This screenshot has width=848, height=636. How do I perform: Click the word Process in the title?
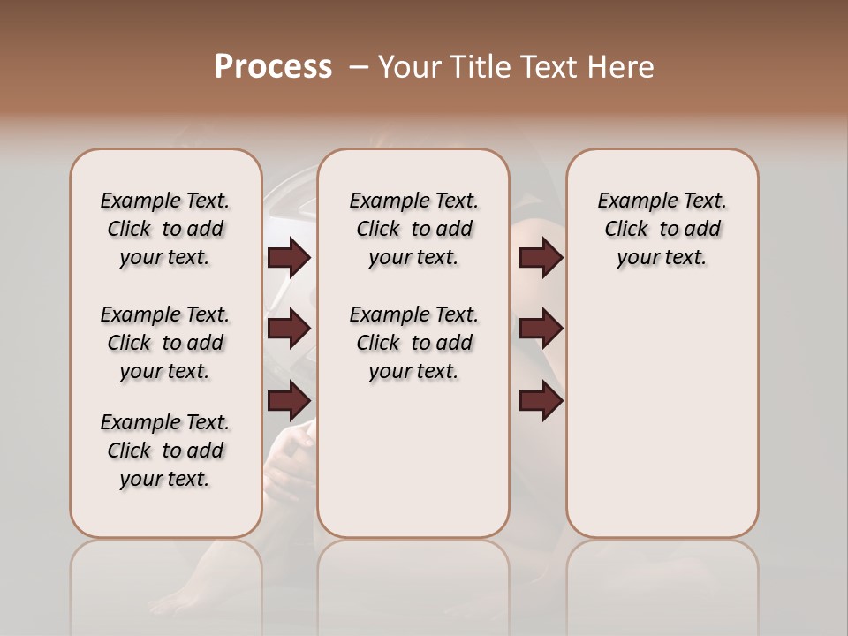(x=273, y=67)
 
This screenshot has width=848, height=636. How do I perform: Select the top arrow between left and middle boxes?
(x=289, y=257)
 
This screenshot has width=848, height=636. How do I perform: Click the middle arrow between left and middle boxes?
(x=289, y=329)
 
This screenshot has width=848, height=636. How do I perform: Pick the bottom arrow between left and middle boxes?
(x=289, y=400)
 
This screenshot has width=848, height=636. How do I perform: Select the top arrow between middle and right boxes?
(x=541, y=257)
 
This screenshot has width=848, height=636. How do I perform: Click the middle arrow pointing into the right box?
(x=541, y=329)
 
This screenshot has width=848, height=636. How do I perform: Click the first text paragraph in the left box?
(x=165, y=229)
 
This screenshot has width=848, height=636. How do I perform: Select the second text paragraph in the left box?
(x=165, y=343)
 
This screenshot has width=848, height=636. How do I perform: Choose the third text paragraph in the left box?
(x=165, y=450)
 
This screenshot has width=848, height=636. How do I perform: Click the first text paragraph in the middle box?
(x=413, y=229)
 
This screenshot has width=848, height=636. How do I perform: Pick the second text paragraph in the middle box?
(x=413, y=343)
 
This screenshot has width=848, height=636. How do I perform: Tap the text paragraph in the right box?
(x=662, y=229)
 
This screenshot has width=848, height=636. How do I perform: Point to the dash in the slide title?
(x=358, y=67)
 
